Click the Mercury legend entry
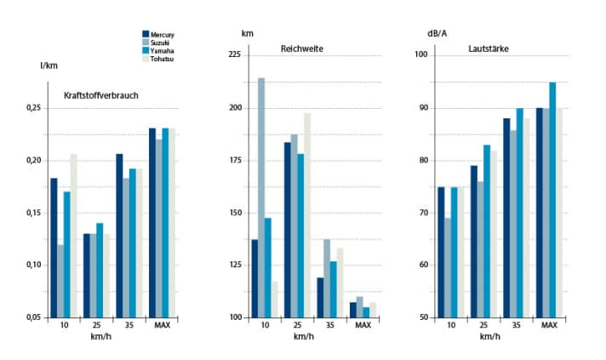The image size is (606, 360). click(162, 35)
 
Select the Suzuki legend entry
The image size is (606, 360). click(160, 43)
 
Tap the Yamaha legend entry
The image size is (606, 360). click(162, 51)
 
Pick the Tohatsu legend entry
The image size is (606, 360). click(162, 59)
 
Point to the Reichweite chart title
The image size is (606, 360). click(302, 48)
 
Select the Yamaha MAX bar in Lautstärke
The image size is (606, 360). click(552, 199)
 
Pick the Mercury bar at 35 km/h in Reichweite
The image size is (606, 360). click(319, 297)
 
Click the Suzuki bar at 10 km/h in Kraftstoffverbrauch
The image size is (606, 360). click(60, 281)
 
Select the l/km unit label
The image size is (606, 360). click(49, 66)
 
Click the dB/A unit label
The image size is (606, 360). click(437, 34)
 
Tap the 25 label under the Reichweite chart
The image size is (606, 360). click(294, 326)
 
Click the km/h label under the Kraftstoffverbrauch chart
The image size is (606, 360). click(103, 337)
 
